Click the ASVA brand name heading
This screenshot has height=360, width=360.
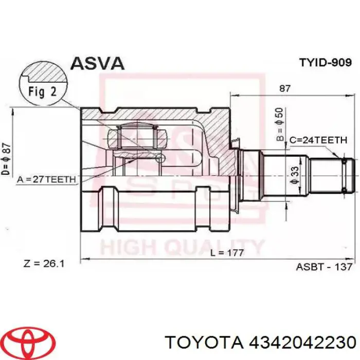[x=97, y=63]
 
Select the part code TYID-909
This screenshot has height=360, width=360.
[x=326, y=62]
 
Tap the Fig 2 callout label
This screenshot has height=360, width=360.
[x=43, y=92]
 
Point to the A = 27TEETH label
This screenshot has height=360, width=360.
[x=46, y=179]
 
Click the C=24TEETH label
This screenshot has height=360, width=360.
[x=318, y=140]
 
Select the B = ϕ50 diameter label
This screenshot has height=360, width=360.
[x=280, y=124]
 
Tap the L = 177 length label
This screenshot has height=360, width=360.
[x=227, y=253]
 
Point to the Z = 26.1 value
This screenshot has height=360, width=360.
[x=44, y=264]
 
